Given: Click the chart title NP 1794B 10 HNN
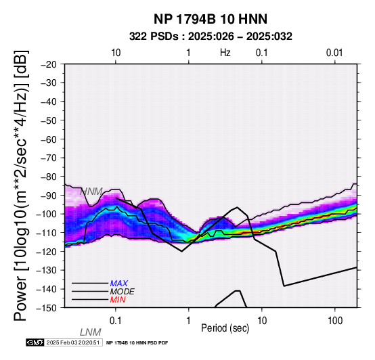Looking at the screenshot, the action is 211,19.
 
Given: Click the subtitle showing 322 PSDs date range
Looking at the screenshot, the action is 211,37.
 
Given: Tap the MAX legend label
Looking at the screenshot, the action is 119,284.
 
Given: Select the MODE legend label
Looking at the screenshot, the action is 123,292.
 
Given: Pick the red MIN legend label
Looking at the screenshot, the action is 118,300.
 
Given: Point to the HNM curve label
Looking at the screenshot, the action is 91,192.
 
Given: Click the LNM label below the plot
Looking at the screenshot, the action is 91,332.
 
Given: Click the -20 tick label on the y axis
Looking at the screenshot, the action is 49,64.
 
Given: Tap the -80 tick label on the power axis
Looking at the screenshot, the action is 49,177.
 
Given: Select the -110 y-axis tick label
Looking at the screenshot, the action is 47,233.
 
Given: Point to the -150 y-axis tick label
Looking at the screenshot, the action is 47,308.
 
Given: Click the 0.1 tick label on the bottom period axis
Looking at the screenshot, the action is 116,321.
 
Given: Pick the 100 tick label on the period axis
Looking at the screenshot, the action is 335,321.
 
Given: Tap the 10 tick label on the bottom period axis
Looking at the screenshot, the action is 262,321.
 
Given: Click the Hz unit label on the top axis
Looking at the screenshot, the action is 225,53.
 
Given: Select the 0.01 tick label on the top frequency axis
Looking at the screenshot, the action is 334,53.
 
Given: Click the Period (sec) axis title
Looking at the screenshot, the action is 225,328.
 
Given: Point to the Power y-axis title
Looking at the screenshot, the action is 20,185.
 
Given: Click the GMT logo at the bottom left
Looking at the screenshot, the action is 35,342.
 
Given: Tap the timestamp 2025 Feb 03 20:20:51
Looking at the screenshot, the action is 73,342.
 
